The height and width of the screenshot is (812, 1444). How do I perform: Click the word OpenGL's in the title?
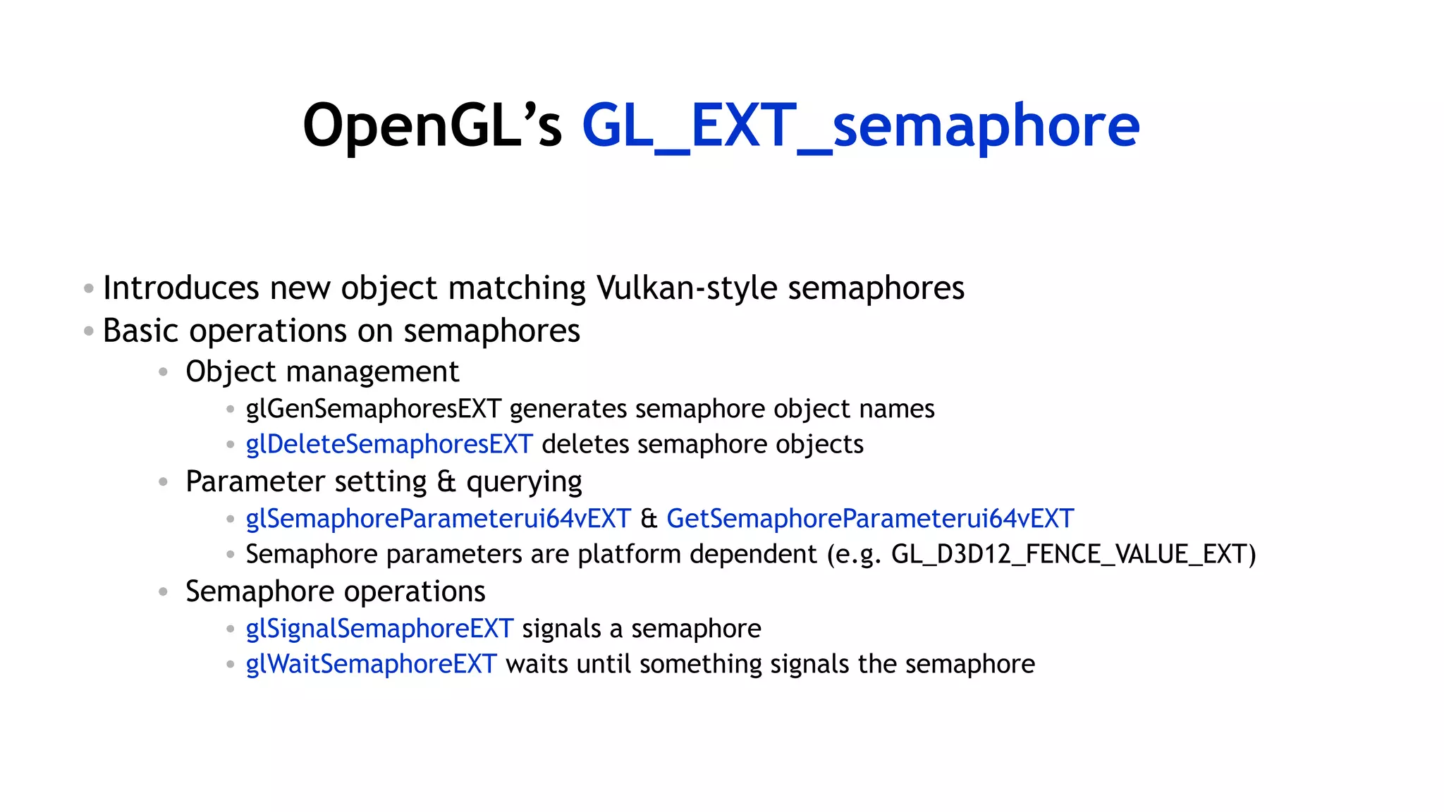[x=432, y=125]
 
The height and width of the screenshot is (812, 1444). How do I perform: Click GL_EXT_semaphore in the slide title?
[x=860, y=125]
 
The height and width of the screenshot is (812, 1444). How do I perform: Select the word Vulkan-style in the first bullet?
[x=686, y=288]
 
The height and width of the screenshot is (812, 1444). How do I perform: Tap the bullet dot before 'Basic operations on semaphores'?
[x=88, y=331]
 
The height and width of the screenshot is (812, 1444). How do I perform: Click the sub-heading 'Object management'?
[x=322, y=371]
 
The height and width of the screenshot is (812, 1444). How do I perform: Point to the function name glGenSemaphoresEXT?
[x=373, y=409]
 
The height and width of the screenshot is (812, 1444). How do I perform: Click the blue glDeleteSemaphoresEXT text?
[x=388, y=444]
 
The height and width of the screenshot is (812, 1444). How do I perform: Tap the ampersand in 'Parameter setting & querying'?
[x=446, y=481]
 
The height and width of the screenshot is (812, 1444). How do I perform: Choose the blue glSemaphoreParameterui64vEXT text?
[x=438, y=519]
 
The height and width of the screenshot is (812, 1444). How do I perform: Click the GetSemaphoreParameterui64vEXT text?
[x=870, y=519]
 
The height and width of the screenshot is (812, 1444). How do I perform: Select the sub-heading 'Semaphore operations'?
[x=335, y=591]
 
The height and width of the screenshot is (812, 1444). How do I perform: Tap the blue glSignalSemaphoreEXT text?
[x=379, y=629]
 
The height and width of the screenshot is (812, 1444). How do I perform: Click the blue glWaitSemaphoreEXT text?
[x=371, y=664]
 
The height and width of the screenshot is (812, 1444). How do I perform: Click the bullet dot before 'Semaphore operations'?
[x=163, y=591]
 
